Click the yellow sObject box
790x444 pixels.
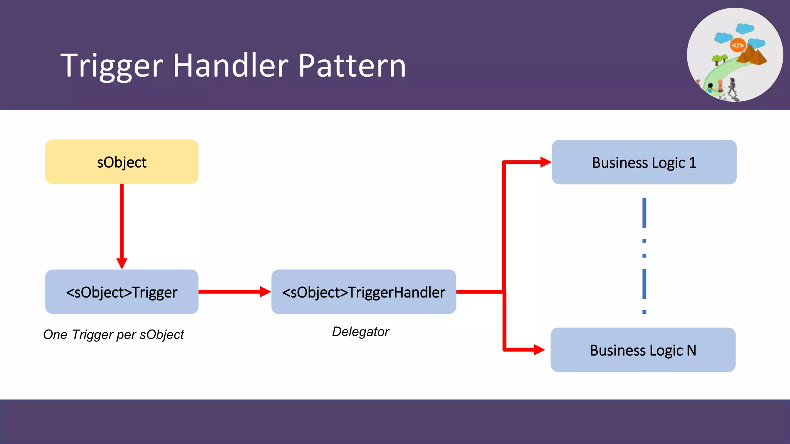coord(122,162)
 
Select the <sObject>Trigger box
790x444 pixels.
coord(122,292)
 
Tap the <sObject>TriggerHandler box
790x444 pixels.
coord(363,292)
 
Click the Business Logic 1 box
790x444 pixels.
coord(644,162)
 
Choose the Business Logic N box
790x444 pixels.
coord(643,350)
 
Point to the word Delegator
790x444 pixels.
coord(361,332)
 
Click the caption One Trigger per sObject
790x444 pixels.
coord(113,335)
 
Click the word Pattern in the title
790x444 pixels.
coord(352,66)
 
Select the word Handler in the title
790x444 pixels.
coord(230,66)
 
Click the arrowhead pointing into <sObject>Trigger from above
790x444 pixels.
coord(122,264)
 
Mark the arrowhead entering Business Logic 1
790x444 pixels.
coord(545,162)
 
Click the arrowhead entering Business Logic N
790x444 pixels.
coord(539,350)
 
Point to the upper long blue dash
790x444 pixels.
coord(644,213)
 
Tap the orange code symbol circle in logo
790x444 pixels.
coord(738,45)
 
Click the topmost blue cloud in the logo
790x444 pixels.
coord(744,29)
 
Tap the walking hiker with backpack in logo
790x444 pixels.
coord(732,86)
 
